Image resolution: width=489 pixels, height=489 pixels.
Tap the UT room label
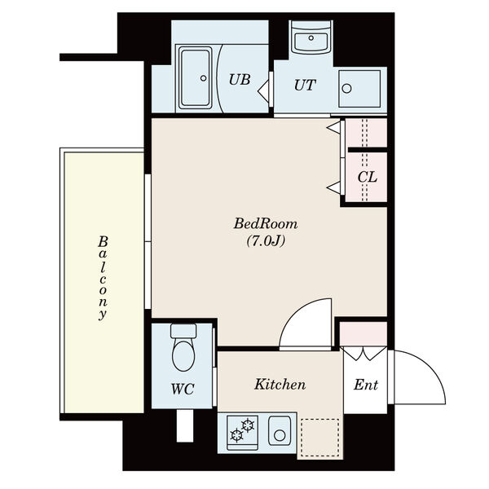pos(305,84)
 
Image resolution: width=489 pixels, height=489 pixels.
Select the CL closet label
pos(367,177)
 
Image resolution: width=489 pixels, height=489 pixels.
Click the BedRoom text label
pos(266,223)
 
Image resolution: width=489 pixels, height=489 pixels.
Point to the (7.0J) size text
pos(266,240)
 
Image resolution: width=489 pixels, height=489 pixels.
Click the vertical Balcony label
pos(104,278)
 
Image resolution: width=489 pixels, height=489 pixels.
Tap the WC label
pos(183,389)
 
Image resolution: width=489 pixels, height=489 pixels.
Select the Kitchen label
pos(280,384)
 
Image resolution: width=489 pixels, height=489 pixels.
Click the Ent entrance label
pos(366,385)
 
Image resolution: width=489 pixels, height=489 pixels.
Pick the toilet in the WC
pos(183,350)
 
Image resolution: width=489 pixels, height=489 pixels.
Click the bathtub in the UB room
pos(196,78)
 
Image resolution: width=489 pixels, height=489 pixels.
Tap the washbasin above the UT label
pos(311,37)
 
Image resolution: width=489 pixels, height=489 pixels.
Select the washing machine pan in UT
pos(359,88)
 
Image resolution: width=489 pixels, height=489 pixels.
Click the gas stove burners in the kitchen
pos(242,430)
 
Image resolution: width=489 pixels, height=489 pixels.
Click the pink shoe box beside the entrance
pos(363,333)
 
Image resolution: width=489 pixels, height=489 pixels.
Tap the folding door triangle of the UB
pos(262,86)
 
